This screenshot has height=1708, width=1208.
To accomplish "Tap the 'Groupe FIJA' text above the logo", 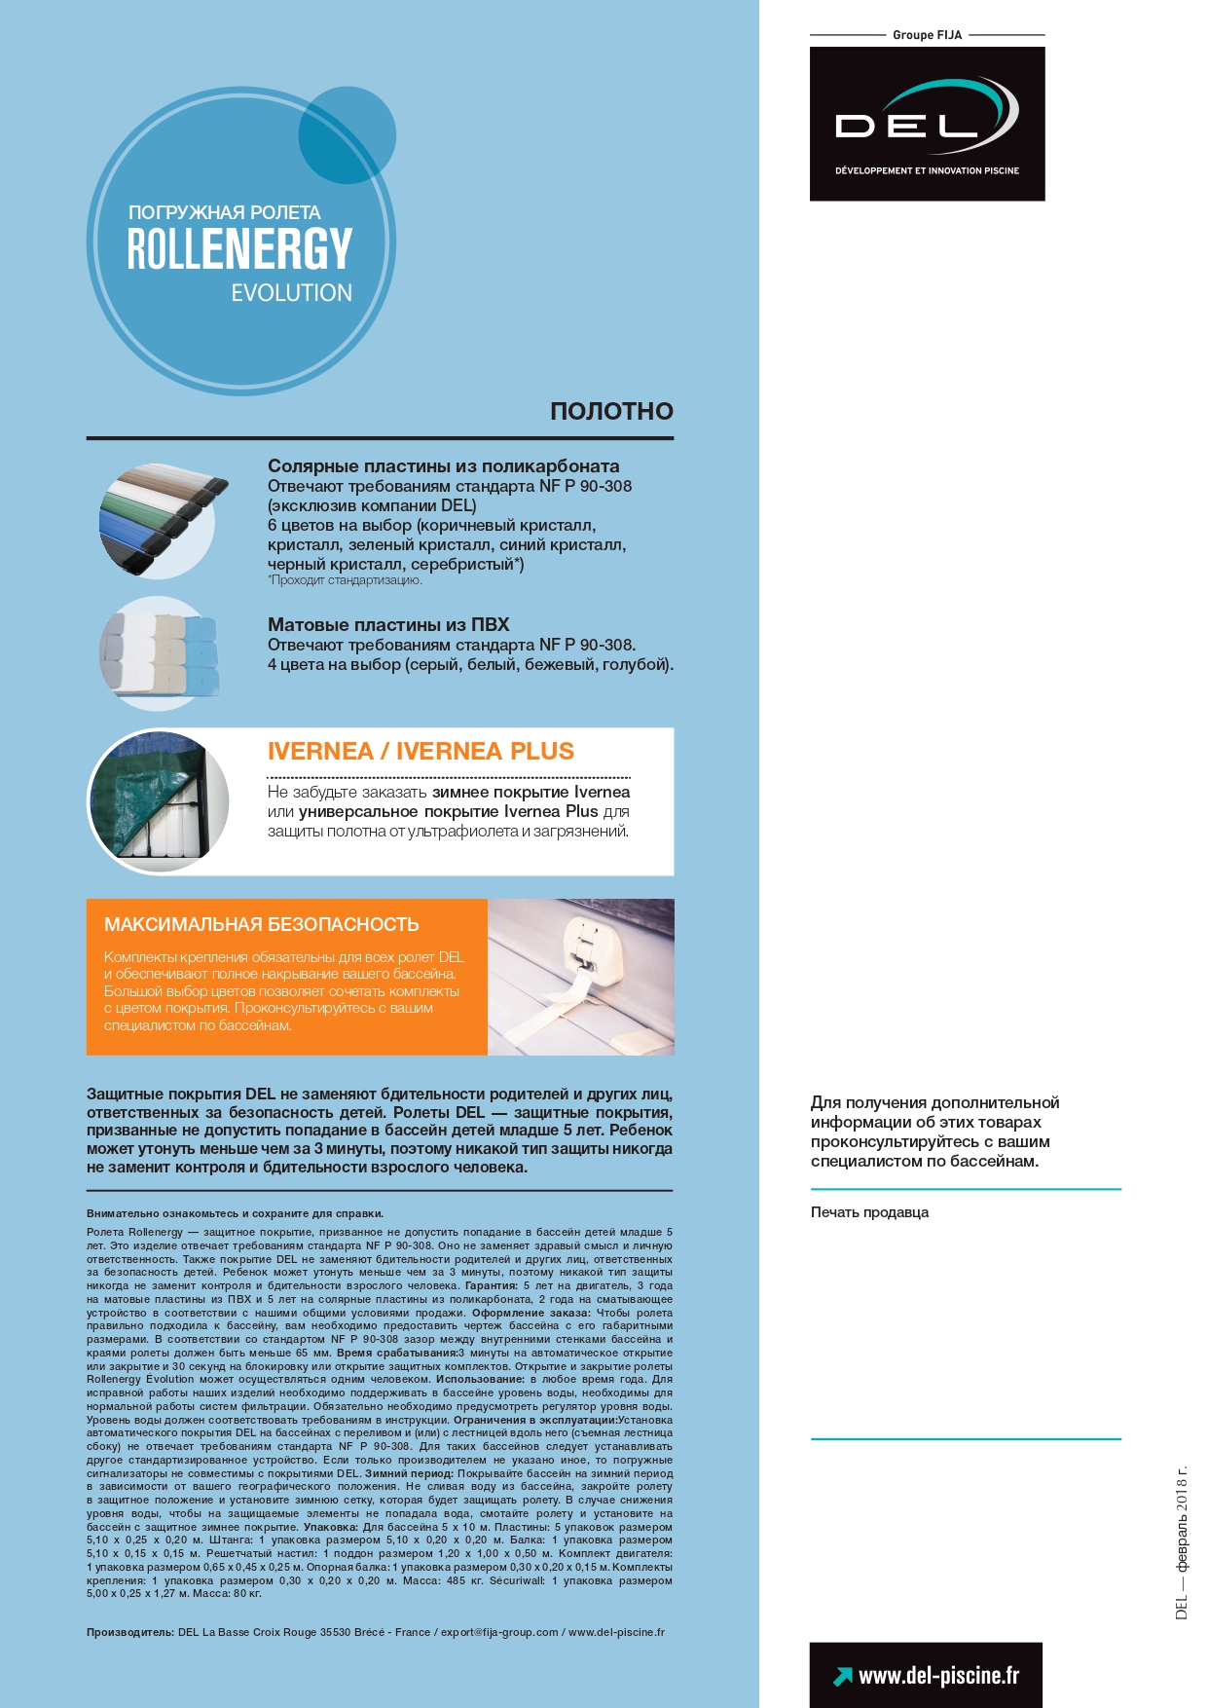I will click(927, 35).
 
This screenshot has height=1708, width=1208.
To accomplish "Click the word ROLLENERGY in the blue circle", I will click(239, 248).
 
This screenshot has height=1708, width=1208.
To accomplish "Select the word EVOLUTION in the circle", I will click(291, 293).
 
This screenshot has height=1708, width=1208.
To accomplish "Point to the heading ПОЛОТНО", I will click(611, 411).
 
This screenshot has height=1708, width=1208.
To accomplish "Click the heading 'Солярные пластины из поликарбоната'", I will click(443, 466).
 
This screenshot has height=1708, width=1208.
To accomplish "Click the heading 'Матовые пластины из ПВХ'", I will click(388, 624).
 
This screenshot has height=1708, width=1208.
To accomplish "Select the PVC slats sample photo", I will click(160, 650).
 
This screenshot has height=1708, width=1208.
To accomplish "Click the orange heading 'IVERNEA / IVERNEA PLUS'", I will click(421, 751).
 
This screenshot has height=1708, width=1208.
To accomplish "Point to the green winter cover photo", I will click(159, 801).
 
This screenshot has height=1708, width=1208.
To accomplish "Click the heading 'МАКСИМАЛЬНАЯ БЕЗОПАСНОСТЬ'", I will click(262, 924).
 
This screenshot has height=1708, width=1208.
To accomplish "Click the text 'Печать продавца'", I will click(869, 1212).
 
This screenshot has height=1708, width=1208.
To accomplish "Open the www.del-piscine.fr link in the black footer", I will click(938, 1675).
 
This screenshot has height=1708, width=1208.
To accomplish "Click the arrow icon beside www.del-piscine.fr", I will click(842, 1676).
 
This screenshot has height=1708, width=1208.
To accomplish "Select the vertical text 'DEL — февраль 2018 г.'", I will click(1182, 1542).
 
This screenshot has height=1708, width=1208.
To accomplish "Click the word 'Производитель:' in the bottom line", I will click(130, 1632).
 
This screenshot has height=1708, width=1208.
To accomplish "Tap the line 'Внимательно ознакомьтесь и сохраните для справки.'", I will click(235, 1213).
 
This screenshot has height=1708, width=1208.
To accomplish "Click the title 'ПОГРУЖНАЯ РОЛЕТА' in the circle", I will click(224, 212).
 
